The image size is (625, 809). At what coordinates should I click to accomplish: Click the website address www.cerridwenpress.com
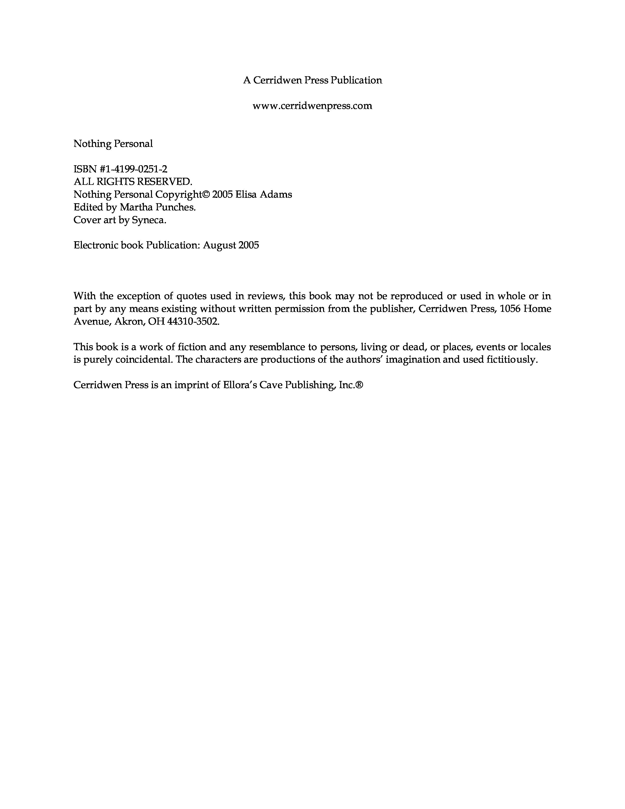coord(312,106)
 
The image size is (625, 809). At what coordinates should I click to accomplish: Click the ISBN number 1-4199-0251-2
coord(137,169)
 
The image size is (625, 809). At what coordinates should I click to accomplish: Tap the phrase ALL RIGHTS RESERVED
coord(133,182)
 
